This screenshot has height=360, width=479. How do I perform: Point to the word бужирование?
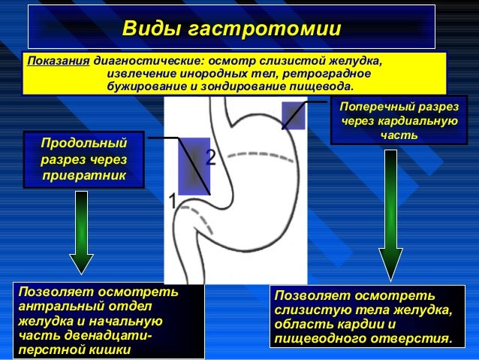tap(143, 87)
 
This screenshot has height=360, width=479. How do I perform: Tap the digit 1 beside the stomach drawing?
tap(172, 201)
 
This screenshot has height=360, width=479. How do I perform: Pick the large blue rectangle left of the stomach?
tap(194, 165)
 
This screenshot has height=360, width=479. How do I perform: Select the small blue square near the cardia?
tap(293, 115)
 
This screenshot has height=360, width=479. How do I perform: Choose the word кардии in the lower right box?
tap(369, 325)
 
